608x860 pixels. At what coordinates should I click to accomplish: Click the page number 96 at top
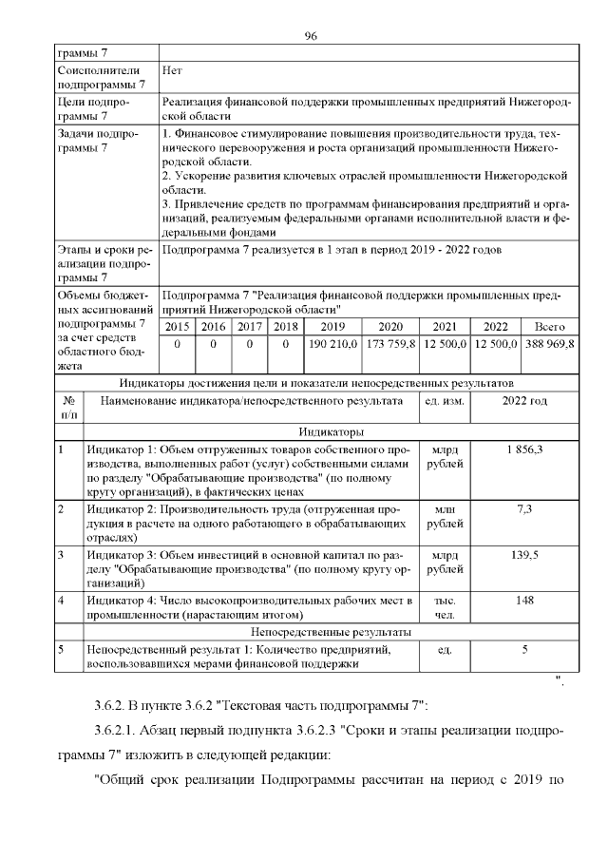coord(310,36)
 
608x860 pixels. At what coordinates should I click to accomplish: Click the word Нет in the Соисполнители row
coord(172,70)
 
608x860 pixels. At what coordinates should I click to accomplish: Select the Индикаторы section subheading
coord(329,431)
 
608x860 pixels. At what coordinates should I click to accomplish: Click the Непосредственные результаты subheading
coord(329,631)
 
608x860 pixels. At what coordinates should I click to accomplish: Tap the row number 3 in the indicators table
coord(62,553)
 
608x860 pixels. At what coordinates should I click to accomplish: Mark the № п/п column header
coord(69,408)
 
